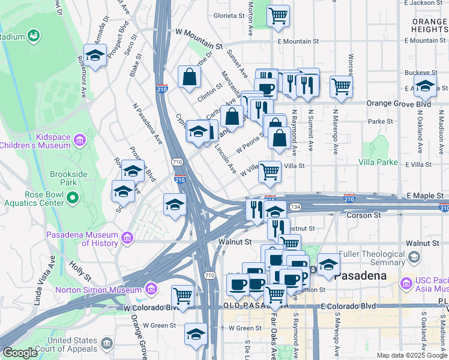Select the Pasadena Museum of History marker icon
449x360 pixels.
click(x=126, y=239)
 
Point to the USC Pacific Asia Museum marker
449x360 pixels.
click(x=406, y=282)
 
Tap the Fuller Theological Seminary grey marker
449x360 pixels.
click(x=413, y=258)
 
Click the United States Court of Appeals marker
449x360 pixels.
click(x=107, y=344)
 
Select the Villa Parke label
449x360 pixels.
click(x=378, y=162)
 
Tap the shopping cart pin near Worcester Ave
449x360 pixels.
click(x=341, y=86)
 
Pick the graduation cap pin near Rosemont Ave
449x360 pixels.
click(x=95, y=56)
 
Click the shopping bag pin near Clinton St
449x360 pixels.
click(x=189, y=77)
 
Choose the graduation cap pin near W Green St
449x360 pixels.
click(x=196, y=334)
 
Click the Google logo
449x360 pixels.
click(x=20, y=353)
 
